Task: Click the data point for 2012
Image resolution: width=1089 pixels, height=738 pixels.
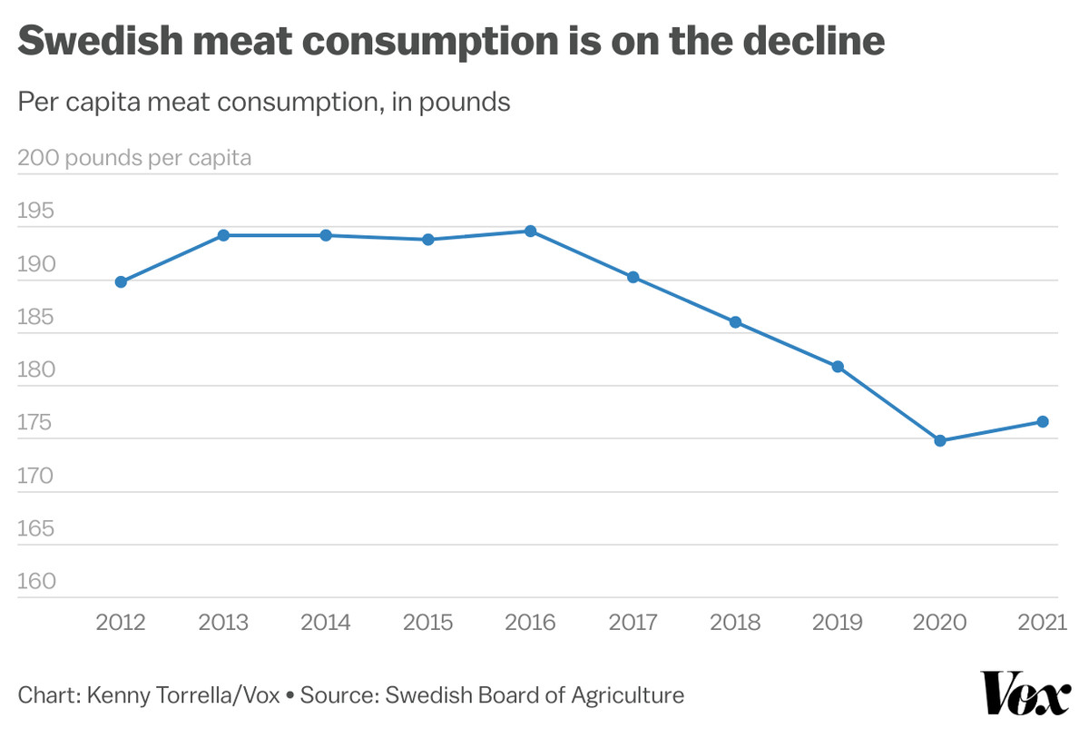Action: pyautogui.click(x=121, y=281)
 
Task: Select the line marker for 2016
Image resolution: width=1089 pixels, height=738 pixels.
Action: pyautogui.click(x=531, y=231)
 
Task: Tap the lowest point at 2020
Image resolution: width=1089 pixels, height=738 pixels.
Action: pyautogui.click(x=940, y=440)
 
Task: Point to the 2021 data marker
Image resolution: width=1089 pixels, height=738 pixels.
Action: pyautogui.click(x=1043, y=421)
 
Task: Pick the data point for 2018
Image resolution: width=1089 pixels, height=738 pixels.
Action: pyautogui.click(x=736, y=322)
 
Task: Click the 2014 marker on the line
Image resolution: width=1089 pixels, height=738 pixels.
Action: pyautogui.click(x=326, y=235)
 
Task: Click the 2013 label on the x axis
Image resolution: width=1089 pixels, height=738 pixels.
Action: pyautogui.click(x=223, y=623)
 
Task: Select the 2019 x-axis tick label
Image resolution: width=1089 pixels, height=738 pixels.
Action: pyautogui.click(x=838, y=623)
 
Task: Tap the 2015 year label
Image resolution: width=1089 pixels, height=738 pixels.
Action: pyautogui.click(x=428, y=623)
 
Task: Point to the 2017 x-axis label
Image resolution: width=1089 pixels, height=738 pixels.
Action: pyautogui.click(x=633, y=623)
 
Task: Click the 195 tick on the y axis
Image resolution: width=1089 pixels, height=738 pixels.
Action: pyautogui.click(x=36, y=212)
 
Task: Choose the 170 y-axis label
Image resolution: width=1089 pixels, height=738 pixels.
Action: pyautogui.click(x=36, y=476)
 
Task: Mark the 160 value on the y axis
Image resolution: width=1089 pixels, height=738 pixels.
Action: pyautogui.click(x=36, y=582)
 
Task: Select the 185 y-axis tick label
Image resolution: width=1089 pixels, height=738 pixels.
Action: pyautogui.click(x=36, y=318)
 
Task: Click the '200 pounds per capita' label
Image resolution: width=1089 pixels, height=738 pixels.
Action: pyautogui.click(x=134, y=158)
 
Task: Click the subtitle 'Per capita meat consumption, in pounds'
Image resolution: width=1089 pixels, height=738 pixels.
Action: pyautogui.click(x=264, y=103)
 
